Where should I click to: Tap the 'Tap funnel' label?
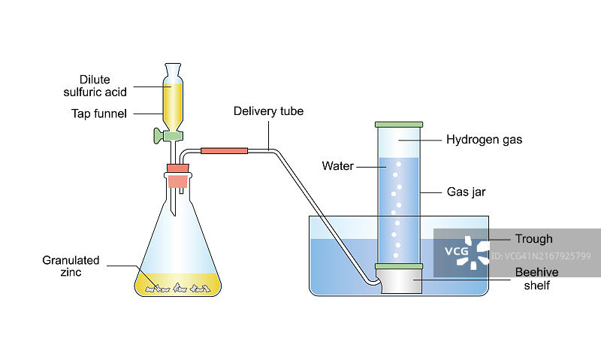tap(99, 113)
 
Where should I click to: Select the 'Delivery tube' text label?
tap(268, 111)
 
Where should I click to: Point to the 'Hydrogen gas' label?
tap(484, 139)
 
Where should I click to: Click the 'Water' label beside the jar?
tap(337, 165)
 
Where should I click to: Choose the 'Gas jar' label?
tap(466, 192)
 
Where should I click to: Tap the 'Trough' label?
tap(533, 239)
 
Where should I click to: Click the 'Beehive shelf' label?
tap(533, 278)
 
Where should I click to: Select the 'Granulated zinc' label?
tap(71, 266)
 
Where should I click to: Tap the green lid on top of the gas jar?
tap(399, 123)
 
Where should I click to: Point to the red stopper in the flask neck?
tap(177, 180)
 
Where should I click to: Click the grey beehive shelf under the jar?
tap(399, 282)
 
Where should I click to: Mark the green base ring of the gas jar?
tap(399, 266)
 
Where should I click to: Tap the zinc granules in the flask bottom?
tap(178, 286)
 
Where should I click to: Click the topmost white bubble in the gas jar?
tap(398, 162)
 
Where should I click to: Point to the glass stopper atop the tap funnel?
tap(172, 68)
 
